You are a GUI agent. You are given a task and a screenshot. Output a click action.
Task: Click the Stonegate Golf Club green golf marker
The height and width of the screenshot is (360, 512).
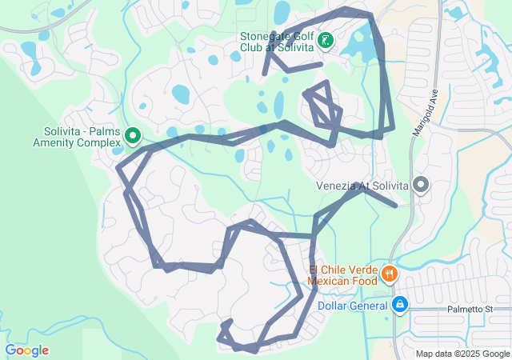(x=326, y=39)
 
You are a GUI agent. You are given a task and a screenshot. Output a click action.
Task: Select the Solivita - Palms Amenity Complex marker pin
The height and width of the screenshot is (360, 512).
(x=133, y=137)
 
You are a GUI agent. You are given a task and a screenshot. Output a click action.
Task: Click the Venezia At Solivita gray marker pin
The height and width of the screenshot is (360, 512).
(x=421, y=186)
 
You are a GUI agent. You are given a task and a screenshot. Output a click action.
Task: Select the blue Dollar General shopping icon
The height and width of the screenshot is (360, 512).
(x=400, y=305)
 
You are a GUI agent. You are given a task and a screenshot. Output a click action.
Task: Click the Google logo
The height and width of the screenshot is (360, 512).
(x=26, y=350)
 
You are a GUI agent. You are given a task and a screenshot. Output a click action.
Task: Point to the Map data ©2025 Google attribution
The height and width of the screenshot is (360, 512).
(x=462, y=354)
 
